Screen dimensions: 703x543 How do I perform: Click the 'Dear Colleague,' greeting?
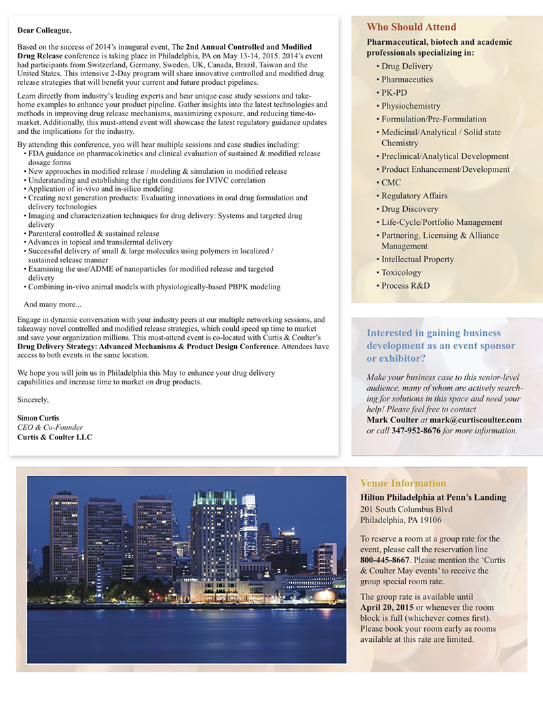click(44, 30)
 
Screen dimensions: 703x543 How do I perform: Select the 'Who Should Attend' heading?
click(411, 27)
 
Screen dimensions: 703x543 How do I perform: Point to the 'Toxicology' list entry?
click(401, 272)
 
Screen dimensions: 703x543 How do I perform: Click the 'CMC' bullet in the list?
click(391, 183)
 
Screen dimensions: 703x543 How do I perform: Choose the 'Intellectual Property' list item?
click(417, 259)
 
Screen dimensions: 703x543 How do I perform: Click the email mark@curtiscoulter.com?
click(476, 420)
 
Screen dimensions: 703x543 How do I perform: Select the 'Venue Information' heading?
click(403, 484)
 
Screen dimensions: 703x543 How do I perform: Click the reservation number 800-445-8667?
click(385, 560)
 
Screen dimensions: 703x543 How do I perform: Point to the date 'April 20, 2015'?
click(389, 607)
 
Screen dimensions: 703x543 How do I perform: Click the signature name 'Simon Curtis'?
click(38, 418)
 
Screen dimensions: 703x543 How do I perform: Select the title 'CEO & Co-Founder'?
click(50, 427)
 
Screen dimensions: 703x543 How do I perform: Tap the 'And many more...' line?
click(52, 304)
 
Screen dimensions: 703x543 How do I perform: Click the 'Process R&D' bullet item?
click(405, 286)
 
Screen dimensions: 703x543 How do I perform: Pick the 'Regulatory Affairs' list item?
click(414, 196)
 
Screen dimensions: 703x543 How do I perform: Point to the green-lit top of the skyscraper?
click(214, 499)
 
